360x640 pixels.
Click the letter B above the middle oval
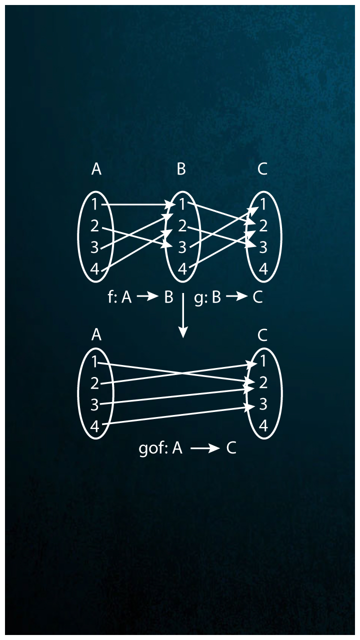point(181,168)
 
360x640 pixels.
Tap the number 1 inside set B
point(182,204)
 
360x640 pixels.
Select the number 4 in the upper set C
point(263,269)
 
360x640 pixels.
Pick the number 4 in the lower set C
point(263,426)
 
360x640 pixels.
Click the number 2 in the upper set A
point(94,226)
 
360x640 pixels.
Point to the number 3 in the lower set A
point(94,405)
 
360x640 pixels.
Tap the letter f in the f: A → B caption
point(110,297)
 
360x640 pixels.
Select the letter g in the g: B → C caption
point(198,299)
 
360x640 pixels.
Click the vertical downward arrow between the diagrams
point(183,315)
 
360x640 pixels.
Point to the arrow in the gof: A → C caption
point(205,449)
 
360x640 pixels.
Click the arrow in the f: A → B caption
point(147,297)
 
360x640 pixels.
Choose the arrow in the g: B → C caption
point(236,297)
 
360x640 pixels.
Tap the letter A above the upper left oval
point(96,169)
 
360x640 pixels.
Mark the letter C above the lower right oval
point(262,335)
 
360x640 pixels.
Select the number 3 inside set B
point(182,247)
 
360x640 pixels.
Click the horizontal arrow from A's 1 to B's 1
point(138,204)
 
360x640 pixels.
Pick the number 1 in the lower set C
point(263,361)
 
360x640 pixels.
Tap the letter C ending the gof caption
point(231,448)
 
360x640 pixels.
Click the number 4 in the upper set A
point(94,269)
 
